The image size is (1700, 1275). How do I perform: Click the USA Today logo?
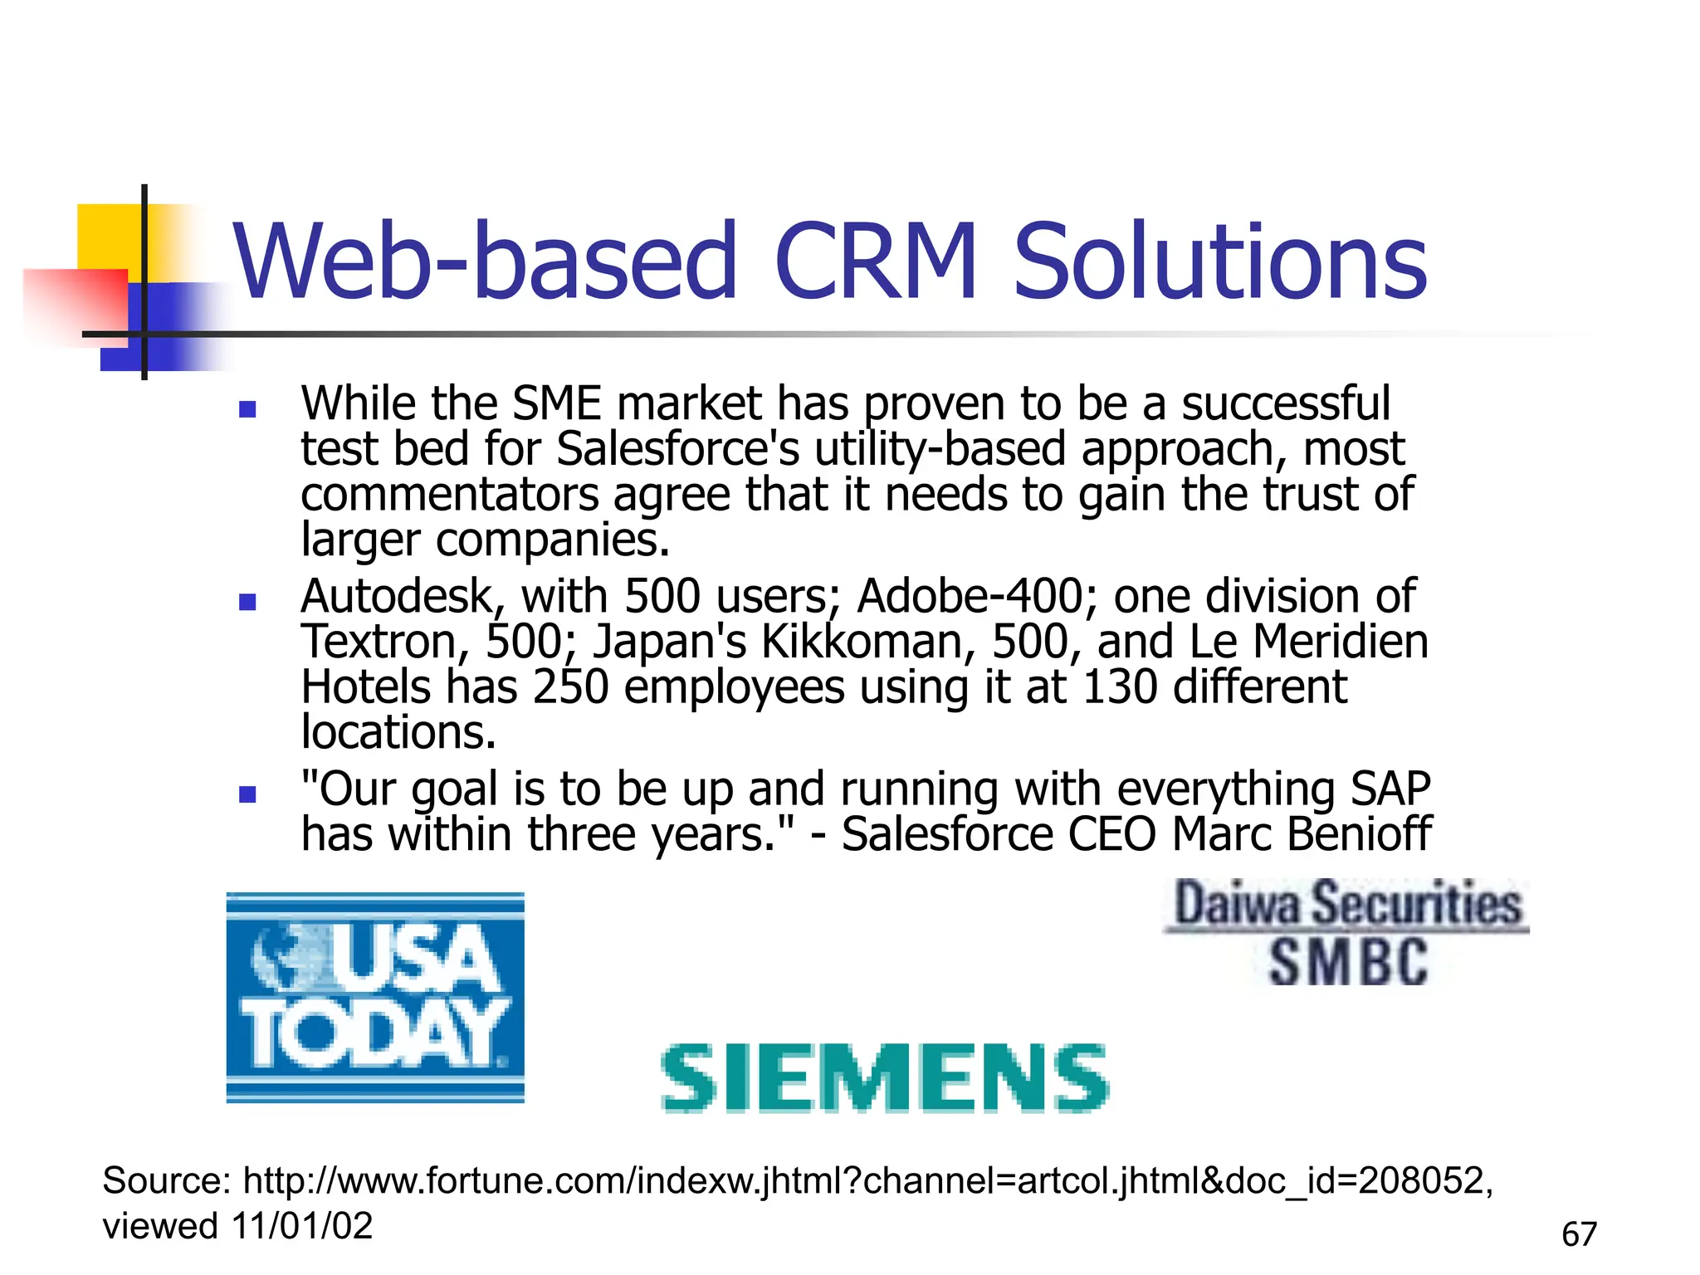(375, 998)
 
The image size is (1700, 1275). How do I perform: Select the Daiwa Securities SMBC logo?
(1346, 933)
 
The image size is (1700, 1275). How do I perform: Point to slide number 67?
(1579, 1234)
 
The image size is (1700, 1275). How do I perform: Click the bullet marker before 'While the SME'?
(247, 408)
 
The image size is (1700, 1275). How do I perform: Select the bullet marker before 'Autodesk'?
(247, 601)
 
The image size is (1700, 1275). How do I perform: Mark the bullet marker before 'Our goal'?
(247, 794)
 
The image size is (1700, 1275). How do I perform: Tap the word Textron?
(383, 642)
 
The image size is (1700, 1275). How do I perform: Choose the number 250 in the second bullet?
(571, 687)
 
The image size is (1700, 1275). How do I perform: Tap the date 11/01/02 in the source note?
(303, 1226)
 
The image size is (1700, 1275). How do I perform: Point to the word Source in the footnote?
(166, 1180)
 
